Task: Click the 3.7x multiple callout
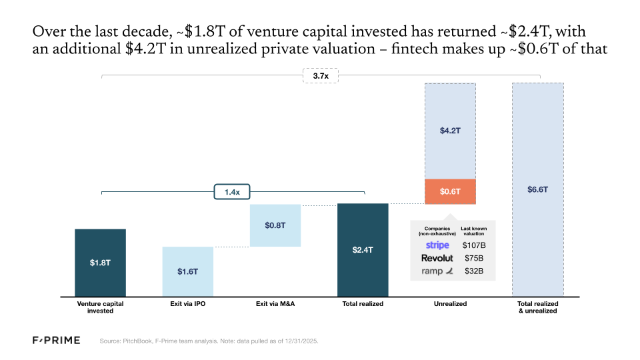click(321, 77)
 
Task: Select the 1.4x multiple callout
click(231, 192)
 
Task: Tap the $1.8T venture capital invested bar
click(100, 263)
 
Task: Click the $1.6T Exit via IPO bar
click(187, 271)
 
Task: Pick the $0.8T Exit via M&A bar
click(275, 225)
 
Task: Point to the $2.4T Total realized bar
click(363, 250)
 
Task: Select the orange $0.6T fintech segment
click(450, 191)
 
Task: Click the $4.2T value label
click(450, 131)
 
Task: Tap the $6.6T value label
click(537, 189)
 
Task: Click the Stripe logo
click(437, 245)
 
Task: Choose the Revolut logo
click(437, 258)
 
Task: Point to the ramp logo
click(437, 271)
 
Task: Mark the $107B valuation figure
click(474, 245)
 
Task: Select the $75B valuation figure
click(474, 258)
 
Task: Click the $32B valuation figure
click(474, 271)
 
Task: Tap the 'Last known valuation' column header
click(474, 231)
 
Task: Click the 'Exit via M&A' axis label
click(275, 304)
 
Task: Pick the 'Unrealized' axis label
click(450, 304)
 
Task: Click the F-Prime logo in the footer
click(57, 341)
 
